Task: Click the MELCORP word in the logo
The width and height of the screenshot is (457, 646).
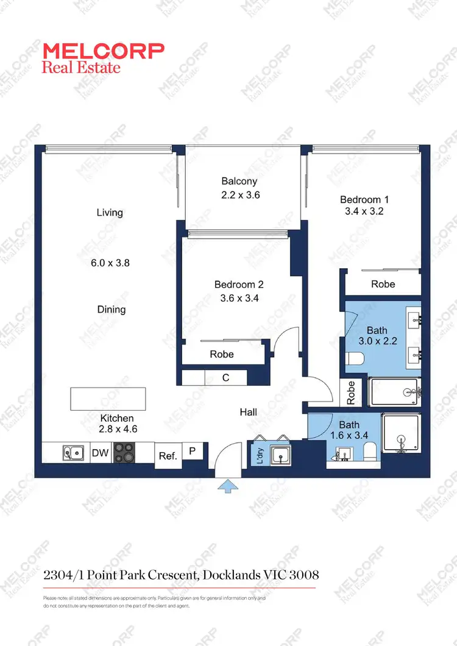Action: pyautogui.click(x=103, y=51)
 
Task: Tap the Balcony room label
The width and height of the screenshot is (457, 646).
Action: pyautogui.click(x=239, y=181)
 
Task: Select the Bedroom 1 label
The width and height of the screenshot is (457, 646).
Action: pyautogui.click(x=364, y=199)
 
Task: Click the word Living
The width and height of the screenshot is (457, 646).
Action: pyautogui.click(x=110, y=213)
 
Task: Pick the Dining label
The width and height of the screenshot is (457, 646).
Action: pyautogui.click(x=112, y=310)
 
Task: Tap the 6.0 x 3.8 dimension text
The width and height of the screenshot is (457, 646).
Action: pyautogui.click(x=110, y=263)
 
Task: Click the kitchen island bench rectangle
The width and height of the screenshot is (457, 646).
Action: pyautogui.click(x=108, y=399)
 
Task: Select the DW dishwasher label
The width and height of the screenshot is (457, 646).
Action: pyautogui.click(x=100, y=453)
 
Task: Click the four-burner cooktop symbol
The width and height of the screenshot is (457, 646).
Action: pyautogui.click(x=124, y=453)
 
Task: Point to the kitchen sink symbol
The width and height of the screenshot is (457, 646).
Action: pyautogui.click(x=73, y=453)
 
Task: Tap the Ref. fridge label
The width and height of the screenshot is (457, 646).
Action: pyautogui.click(x=168, y=456)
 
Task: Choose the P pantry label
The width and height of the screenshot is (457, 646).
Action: pyautogui.click(x=192, y=451)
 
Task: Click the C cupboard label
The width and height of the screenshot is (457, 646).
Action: pyautogui.click(x=225, y=378)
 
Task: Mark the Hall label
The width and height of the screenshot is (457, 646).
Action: pyautogui.click(x=248, y=413)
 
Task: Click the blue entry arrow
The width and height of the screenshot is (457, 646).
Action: pyautogui.click(x=228, y=485)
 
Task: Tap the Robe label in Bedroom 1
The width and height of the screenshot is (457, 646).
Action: pyautogui.click(x=383, y=284)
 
